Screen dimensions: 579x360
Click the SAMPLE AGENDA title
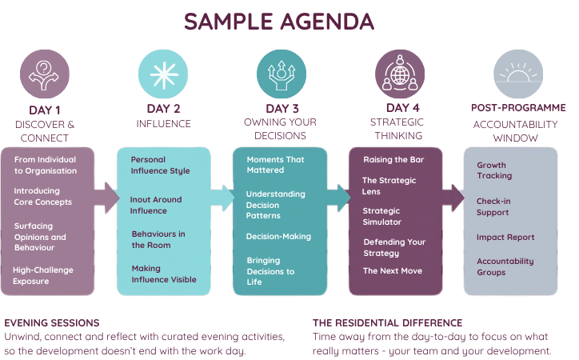[279, 22]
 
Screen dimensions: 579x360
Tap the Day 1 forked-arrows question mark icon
[44, 74]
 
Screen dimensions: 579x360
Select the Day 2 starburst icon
[163, 74]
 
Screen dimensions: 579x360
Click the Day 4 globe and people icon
[400, 74]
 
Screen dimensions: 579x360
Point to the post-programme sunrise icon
[518, 74]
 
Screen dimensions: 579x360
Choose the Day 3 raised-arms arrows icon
[282, 74]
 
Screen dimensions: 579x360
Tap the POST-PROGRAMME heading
[518, 108]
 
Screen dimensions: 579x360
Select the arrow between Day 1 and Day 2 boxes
[107, 198]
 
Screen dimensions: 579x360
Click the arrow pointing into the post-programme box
[453, 198]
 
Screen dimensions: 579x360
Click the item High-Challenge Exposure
[43, 275]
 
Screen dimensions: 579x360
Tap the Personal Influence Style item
[160, 165]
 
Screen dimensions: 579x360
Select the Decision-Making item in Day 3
[278, 236]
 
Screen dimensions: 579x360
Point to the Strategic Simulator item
[381, 216]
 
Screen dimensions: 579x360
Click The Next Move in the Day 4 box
[393, 270]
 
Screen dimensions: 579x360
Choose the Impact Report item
[505, 237]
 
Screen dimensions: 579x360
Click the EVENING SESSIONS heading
[52, 323]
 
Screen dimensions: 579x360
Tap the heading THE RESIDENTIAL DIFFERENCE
[387, 323]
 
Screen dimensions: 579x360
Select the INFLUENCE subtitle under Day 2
[164, 124]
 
